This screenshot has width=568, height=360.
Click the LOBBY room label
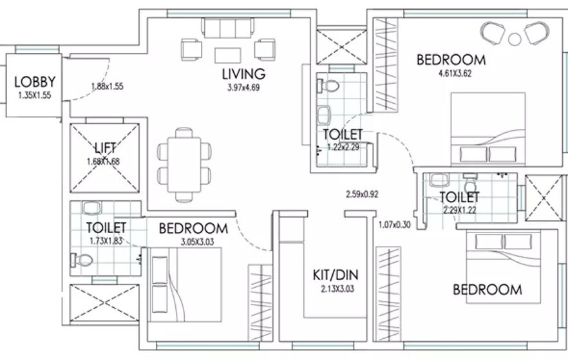click(x=35, y=82)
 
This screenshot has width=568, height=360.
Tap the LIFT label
click(x=105, y=149)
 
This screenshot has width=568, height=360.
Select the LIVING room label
click(x=243, y=73)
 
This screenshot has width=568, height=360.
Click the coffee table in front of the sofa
click(x=227, y=54)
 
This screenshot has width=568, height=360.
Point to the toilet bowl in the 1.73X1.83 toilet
click(x=82, y=260)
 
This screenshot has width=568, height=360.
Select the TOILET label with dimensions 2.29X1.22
click(x=460, y=196)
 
